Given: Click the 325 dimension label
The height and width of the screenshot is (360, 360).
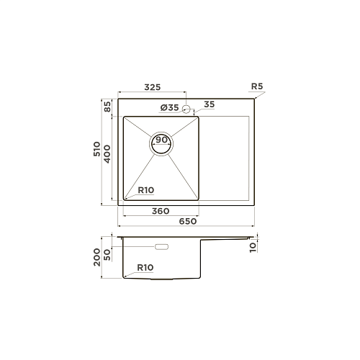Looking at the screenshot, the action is pos(153,87).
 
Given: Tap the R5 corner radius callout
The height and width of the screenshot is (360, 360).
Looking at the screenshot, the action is pos(257,86).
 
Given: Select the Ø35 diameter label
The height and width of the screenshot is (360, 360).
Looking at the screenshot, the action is pos(170,108).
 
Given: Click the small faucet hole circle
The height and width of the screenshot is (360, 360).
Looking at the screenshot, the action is pos(186,109).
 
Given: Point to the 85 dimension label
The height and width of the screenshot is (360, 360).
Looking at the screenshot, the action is pos(107,107).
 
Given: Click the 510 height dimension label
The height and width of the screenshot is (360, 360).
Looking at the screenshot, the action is pos(97,149).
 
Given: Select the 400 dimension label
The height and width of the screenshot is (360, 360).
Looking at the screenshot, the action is pos(107,154).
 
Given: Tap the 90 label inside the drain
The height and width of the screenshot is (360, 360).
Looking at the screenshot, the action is pos(161,140).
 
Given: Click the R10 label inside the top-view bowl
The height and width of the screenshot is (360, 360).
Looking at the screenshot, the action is pos(146,190).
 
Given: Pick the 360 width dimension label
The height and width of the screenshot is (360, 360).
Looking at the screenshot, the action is pos(161,211).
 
